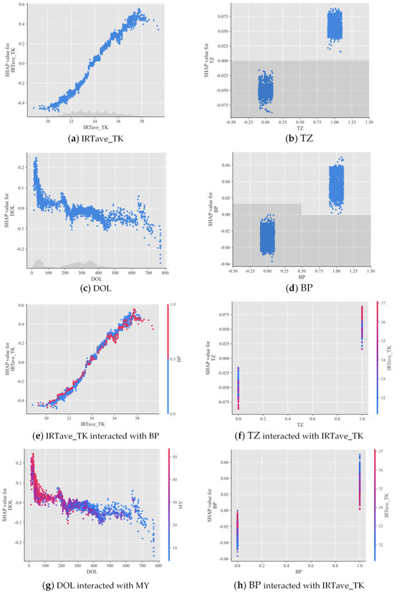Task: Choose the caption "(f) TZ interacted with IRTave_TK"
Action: click(295, 435)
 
